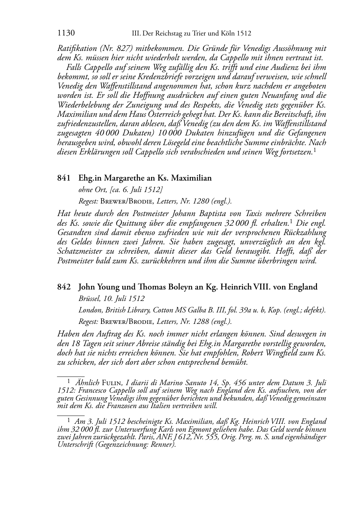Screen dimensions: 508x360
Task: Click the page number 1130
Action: tap(66, 33)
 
